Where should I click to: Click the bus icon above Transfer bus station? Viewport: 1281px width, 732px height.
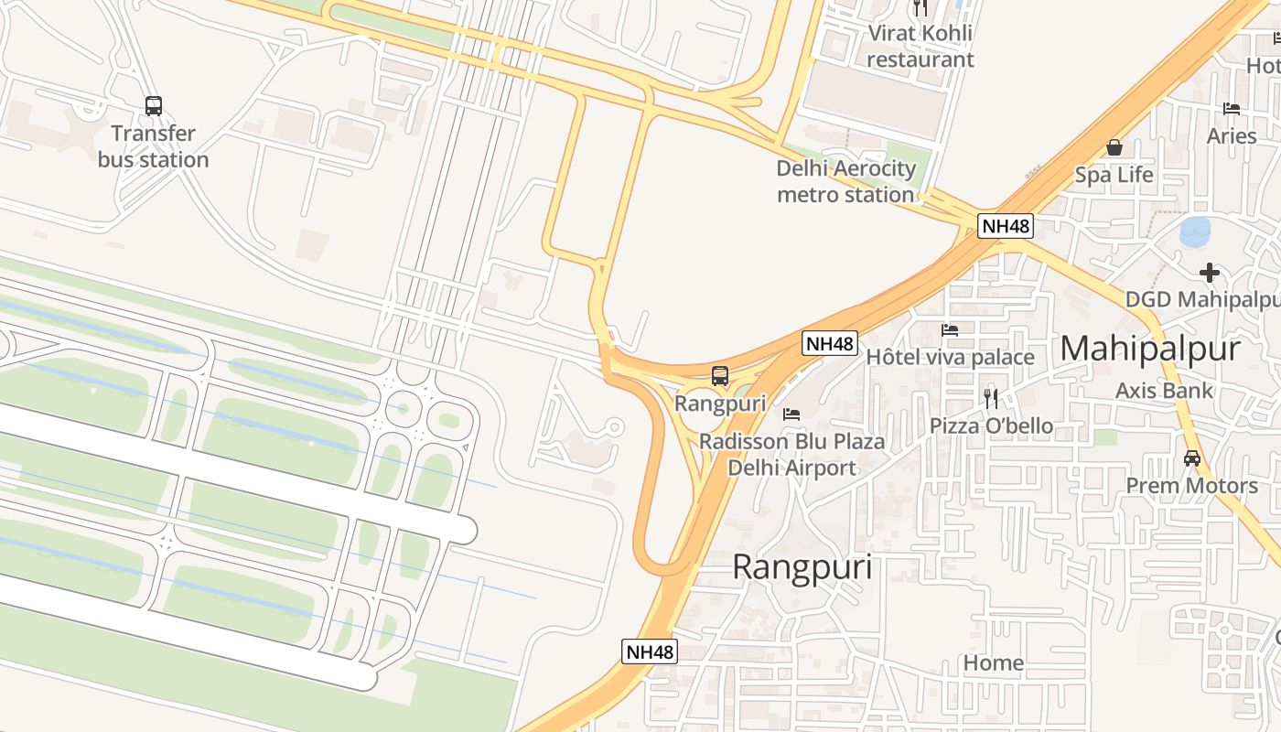click(154, 106)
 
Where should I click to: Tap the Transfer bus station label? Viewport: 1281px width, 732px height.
click(154, 147)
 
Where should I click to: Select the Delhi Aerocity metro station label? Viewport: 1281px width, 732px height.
click(845, 181)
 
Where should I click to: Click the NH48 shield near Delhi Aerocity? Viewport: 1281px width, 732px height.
click(1006, 226)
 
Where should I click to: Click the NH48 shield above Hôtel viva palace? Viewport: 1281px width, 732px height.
click(830, 343)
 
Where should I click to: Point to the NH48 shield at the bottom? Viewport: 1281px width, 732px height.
click(650, 651)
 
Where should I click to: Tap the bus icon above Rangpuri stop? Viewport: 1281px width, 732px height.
click(720, 376)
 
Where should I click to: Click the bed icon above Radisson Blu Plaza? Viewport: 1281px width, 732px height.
click(791, 414)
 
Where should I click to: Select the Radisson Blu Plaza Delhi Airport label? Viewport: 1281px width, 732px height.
click(791, 455)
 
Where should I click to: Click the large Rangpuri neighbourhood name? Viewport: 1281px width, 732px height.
click(802, 567)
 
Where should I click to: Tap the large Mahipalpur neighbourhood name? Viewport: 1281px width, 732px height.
click(1150, 349)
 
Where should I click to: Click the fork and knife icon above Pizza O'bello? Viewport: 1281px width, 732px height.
click(991, 398)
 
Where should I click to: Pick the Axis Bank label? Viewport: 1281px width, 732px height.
click(1164, 391)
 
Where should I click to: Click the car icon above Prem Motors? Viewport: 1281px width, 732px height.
click(1191, 458)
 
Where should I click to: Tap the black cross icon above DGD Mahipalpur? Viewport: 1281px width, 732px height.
click(1210, 272)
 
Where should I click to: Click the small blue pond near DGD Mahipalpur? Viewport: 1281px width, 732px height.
click(1195, 232)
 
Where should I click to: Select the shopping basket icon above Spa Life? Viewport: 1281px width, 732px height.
click(1114, 147)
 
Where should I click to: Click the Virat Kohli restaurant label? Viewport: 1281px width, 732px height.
click(920, 47)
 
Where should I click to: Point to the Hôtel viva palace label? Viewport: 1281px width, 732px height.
click(950, 357)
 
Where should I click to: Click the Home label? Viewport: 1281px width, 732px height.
click(994, 662)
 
